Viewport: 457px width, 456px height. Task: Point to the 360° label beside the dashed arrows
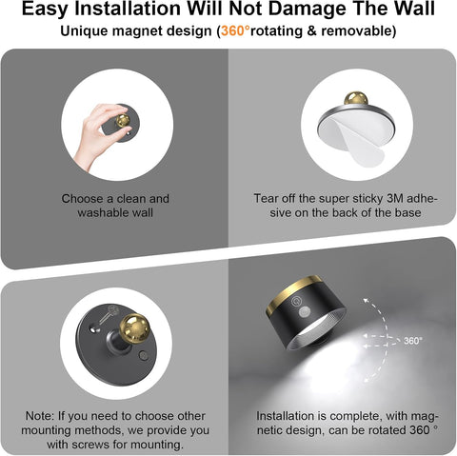click(412, 340)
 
